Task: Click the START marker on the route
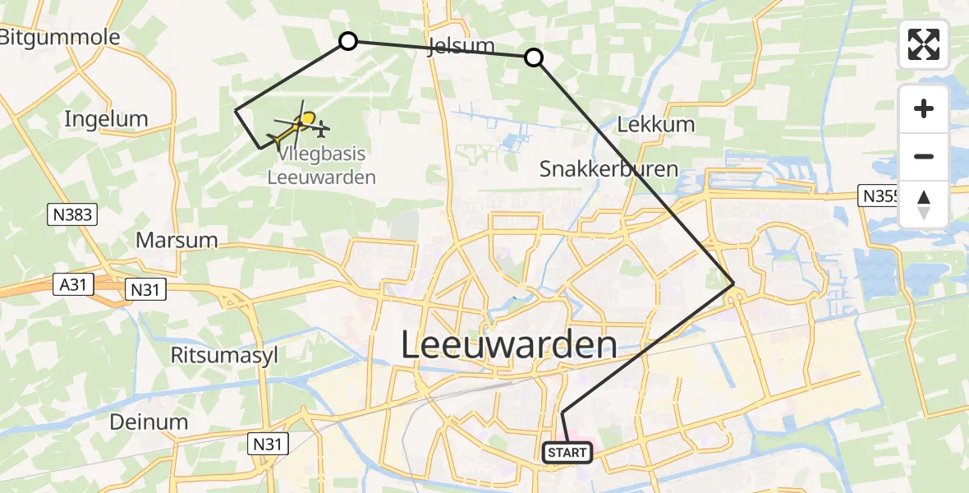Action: click(x=567, y=453)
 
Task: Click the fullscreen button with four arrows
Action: click(x=924, y=44)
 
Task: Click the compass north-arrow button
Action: click(x=924, y=204)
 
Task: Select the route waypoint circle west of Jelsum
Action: click(x=348, y=41)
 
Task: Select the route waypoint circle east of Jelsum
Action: click(x=534, y=57)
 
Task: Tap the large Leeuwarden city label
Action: click(x=509, y=345)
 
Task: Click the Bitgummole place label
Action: click(x=59, y=37)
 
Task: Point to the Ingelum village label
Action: click(x=106, y=119)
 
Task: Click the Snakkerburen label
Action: click(x=608, y=169)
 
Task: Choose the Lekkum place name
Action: click(x=655, y=125)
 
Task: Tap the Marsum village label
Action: click(x=177, y=240)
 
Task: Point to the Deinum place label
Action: click(x=149, y=422)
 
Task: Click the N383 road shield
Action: click(x=72, y=215)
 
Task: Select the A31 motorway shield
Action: click(x=71, y=284)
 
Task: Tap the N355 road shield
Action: click(x=879, y=196)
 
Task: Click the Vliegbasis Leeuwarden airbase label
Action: click(x=321, y=165)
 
